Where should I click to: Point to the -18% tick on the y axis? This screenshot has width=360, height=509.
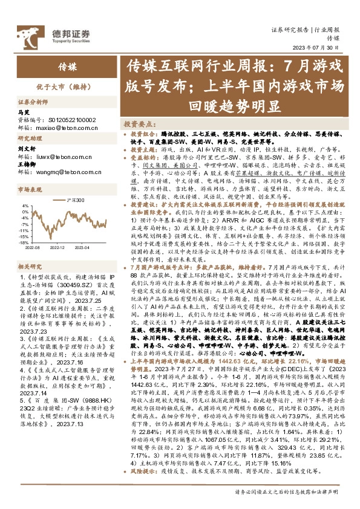point(24,242)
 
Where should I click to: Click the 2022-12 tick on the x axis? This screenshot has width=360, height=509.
point(56,248)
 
